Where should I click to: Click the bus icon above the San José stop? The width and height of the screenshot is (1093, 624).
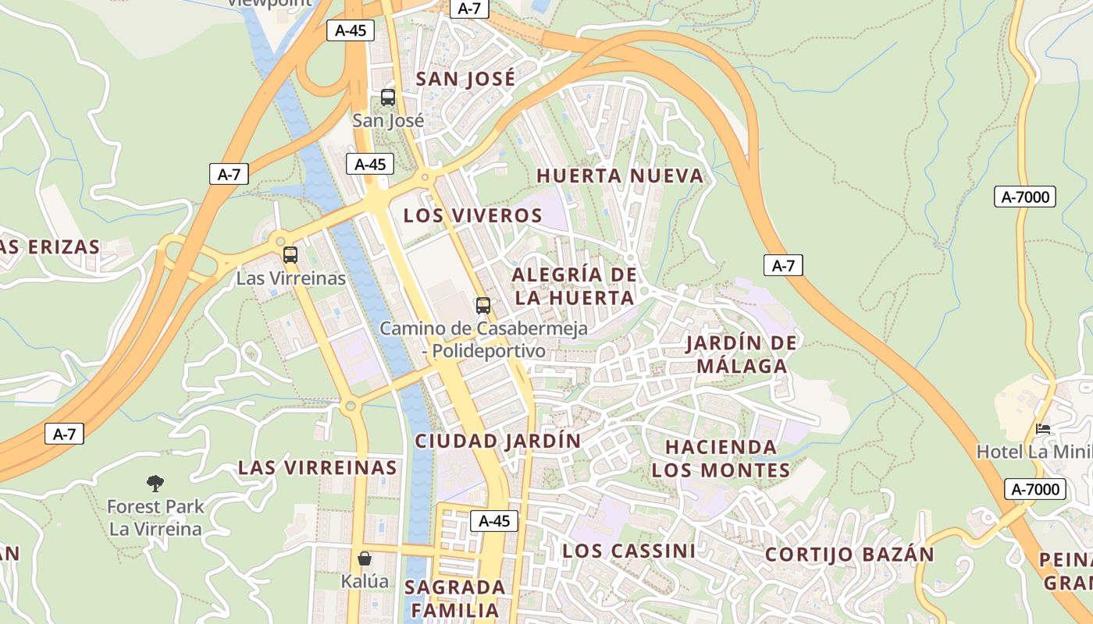click(x=388, y=97)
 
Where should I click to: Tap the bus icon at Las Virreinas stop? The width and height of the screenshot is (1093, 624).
click(x=290, y=254)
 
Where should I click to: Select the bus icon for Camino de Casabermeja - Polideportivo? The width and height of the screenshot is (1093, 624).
click(x=483, y=305)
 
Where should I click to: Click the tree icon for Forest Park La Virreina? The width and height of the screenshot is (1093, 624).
click(x=155, y=484)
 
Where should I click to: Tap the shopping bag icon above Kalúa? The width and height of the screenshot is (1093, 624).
click(x=365, y=558)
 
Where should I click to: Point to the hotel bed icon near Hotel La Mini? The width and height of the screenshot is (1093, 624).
click(x=1043, y=428)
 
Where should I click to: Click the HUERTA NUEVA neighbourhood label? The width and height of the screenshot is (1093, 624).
click(x=621, y=176)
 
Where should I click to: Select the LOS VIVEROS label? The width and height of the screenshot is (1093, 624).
click(x=472, y=216)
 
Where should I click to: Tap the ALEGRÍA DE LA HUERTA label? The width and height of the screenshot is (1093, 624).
click(x=574, y=286)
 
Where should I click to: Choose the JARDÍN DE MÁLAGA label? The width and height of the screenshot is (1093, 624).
click(x=741, y=354)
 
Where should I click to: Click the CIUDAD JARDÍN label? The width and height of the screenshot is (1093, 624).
click(x=498, y=441)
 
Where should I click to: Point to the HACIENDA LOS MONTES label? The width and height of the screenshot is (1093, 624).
click(x=721, y=459)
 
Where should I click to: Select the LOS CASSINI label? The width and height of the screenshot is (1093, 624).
click(x=628, y=551)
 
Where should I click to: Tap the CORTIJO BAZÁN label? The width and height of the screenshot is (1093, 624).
click(x=849, y=555)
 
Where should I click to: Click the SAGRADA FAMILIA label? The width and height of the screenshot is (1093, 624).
click(x=454, y=598)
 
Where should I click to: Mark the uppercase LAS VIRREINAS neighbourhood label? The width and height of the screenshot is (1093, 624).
click(x=318, y=468)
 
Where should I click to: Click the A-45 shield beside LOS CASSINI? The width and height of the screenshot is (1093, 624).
click(x=494, y=521)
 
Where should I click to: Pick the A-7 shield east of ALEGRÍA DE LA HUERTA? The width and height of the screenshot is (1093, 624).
click(x=783, y=266)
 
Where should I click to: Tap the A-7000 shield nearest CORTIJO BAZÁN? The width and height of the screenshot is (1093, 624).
click(x=1034, y=490)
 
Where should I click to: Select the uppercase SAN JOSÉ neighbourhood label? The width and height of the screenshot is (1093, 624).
click(x=465, y=79)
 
